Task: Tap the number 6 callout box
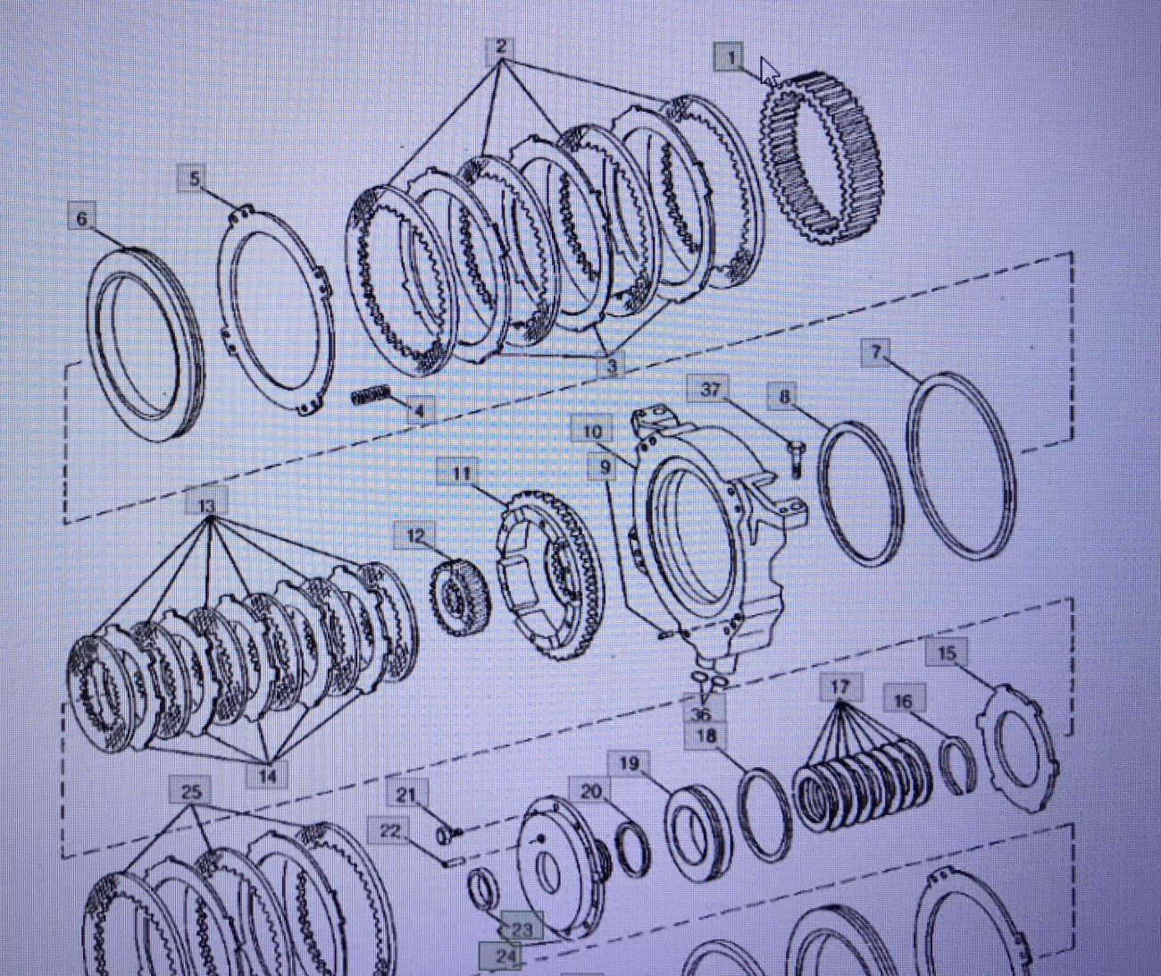coord(82,218)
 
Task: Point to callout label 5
coord(194,179)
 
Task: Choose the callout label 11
coord(462,474)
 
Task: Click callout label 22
coord(389,831)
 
